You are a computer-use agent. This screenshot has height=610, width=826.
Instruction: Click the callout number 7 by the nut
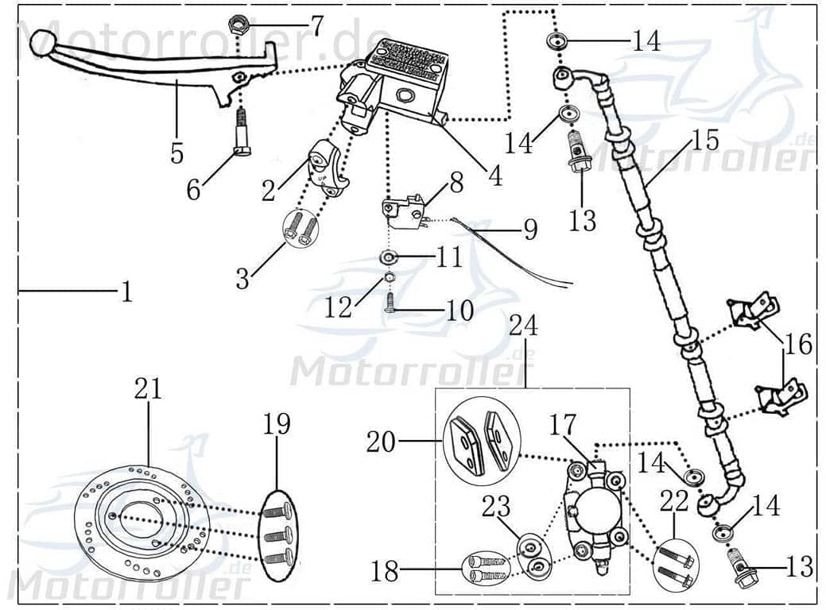pyautogui.click(x=316, y=27)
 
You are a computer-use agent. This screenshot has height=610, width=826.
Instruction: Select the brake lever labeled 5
pyautogui.click(x=143, y=68)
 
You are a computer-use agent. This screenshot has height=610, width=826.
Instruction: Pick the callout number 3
pyautogui.click(x=242, y=279)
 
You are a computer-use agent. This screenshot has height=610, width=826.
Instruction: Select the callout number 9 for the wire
pyautogui.click(x=529, y=230)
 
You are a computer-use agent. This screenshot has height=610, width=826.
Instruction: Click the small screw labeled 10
pyautogui.click(x=390, y=303)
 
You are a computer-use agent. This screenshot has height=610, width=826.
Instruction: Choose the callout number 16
pyautogui.click(x=798, y=344)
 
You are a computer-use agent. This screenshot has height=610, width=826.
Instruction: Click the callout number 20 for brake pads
pyautogui.click(x=381, y=441)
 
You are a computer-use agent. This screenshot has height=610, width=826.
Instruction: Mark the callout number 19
pyautogui.click(x=277, y=424)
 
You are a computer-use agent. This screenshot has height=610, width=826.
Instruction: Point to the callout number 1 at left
pyautogui.click(x=126, y=293)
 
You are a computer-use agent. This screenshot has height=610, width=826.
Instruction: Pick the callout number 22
pyautogui.click(x=673, y=500)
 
